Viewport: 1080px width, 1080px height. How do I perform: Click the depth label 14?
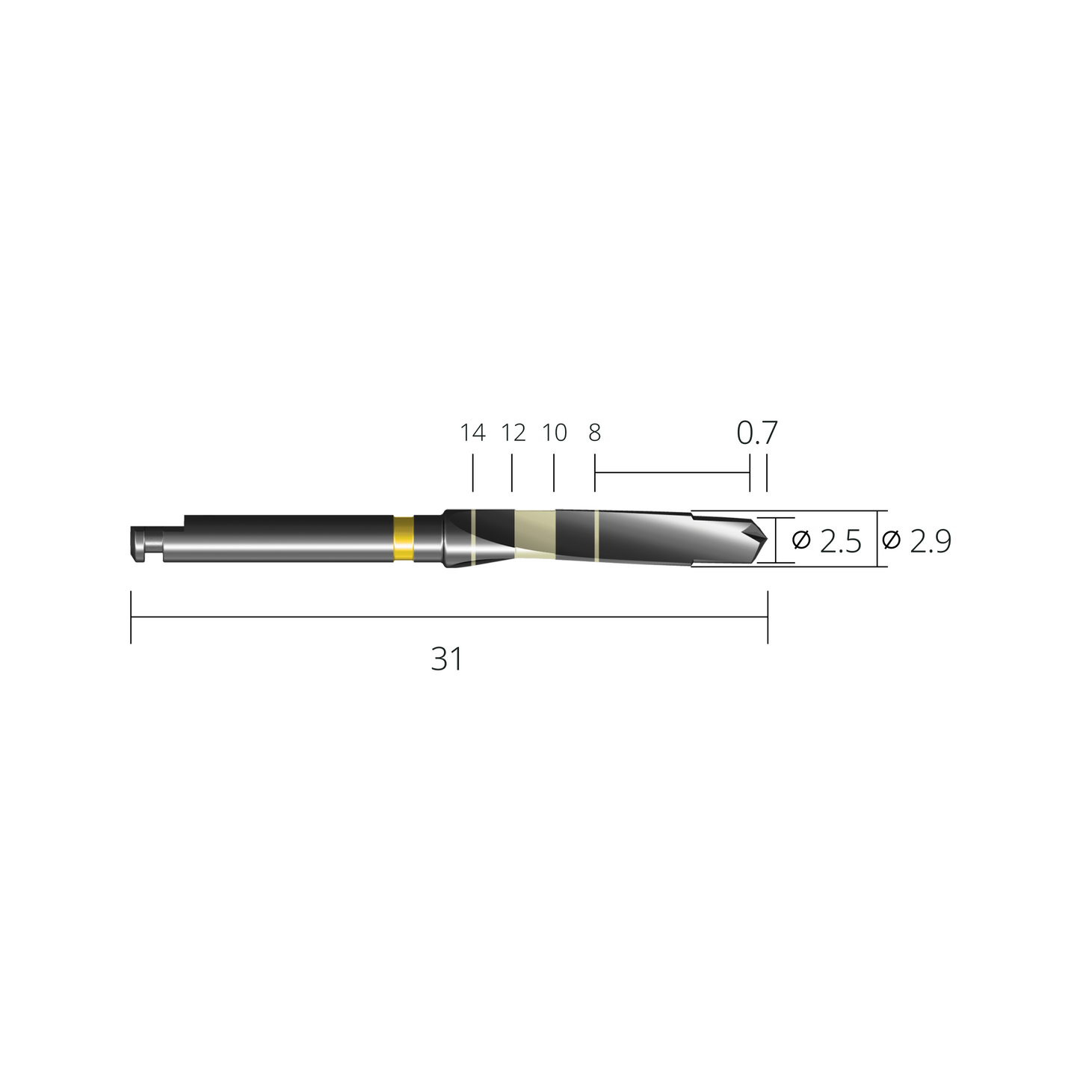472,433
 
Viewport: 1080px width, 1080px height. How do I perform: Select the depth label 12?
513,433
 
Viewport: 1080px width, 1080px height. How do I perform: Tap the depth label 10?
555,433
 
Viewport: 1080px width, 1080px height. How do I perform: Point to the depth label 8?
595,433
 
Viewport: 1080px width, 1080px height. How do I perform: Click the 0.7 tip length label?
756,433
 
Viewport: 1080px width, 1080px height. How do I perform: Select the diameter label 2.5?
827,541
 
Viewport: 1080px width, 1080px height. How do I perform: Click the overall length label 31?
447,659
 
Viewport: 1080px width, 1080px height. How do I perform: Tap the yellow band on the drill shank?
404,539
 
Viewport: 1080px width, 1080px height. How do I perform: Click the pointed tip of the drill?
766,539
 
